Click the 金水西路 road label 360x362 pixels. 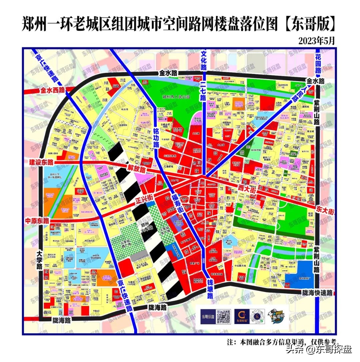(54, 90)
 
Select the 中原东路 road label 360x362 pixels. (37, 221)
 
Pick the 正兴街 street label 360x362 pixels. (144, 201)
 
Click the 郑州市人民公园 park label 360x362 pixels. (175, 97)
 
